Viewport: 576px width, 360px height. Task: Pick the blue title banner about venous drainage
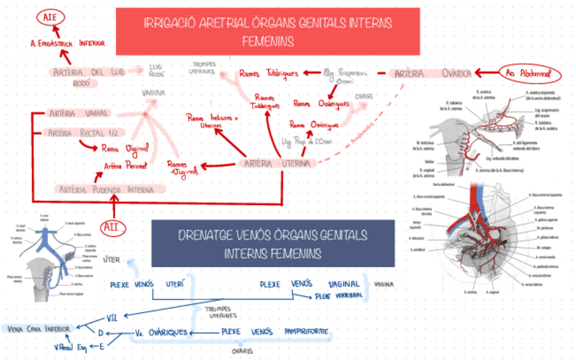[x=272, y=244]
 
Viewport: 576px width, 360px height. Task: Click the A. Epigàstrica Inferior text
[x=67, y=43]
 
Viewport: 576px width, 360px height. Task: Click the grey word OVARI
[x=364, y=96]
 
